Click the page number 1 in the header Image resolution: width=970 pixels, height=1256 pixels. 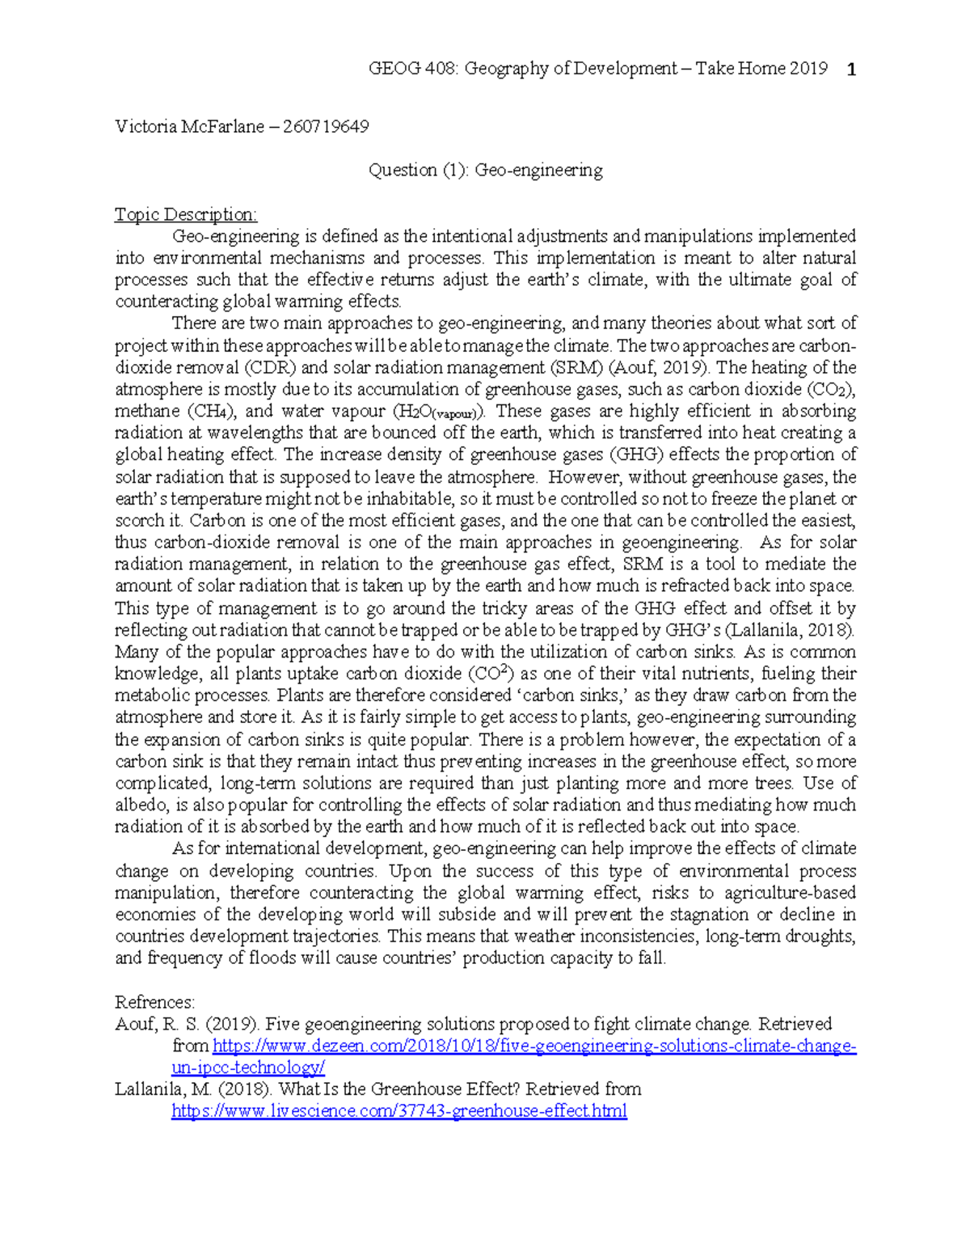tap(850, 70)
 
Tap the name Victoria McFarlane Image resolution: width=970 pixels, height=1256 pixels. tap(189, 126)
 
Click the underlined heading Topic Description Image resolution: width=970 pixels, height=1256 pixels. tap(186, 214)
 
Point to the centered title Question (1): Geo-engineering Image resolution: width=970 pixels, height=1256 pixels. tap(485, 170)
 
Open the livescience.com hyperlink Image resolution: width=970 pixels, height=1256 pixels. tap(399, 1111)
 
